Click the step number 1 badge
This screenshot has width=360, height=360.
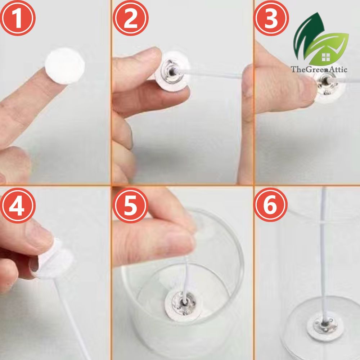coord(18,18)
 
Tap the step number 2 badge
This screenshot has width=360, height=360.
coord(130,18)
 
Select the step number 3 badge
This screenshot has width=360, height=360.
coord(271,18)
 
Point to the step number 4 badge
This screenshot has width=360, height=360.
coord(18,206)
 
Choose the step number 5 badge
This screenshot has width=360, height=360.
coord(130,206)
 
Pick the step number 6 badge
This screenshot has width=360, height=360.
coord(271,206)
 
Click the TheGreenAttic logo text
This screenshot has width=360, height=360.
coord(319,69)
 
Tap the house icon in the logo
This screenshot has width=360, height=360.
coord(325,57)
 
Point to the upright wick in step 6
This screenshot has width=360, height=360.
coord(324,253)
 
